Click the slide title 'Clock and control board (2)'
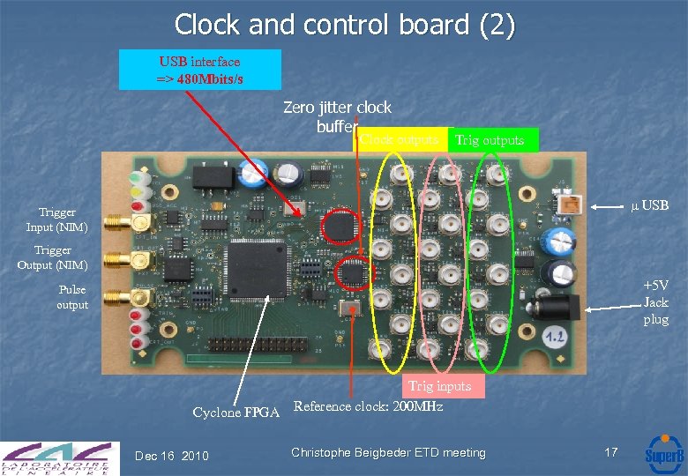[344, 24]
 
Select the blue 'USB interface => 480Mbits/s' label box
[200, 70]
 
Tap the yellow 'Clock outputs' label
[398, 139]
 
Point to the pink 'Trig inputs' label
[438, 385]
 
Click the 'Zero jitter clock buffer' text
[337, 116]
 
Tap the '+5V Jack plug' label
[655, 302]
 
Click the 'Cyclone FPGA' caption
[236, 413]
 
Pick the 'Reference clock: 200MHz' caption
[367, 406]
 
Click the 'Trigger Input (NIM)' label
[64, 219]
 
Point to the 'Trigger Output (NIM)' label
[61, 257]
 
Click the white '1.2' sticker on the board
[554, 336]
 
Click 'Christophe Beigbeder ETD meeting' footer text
[388, 452]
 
